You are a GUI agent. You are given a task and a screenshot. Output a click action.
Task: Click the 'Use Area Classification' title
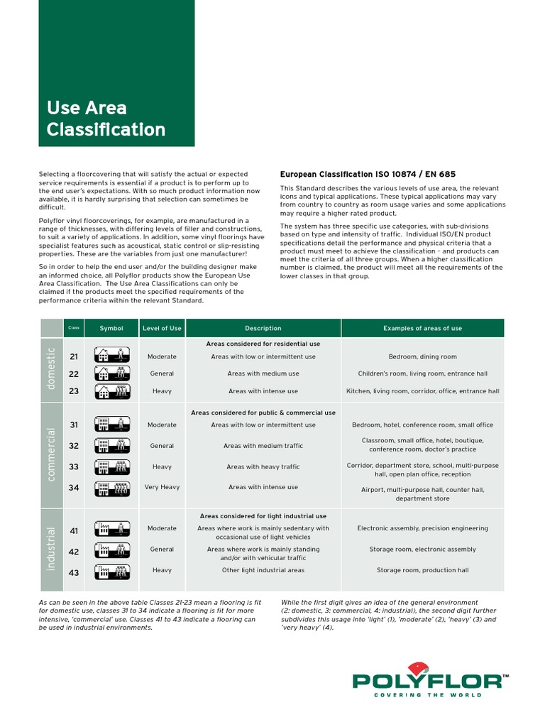point(106,119)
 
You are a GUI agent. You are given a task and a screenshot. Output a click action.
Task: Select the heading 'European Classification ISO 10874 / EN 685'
point(368,174)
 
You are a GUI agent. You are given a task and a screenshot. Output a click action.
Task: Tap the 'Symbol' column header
point(111,328)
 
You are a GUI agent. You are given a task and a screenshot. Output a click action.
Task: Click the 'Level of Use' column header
point(162,328)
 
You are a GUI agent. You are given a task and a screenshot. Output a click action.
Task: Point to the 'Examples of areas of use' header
point(422,328)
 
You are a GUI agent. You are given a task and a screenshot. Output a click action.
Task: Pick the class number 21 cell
point(74,356)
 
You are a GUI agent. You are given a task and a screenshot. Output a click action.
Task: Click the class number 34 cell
point(74,488)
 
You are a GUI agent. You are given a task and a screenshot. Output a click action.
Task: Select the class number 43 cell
point(74,572)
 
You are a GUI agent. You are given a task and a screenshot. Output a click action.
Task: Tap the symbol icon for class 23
point(113,391)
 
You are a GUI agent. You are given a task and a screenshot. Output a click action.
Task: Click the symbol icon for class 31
point(113,425)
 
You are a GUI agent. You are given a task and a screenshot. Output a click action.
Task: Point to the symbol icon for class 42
point(113,550)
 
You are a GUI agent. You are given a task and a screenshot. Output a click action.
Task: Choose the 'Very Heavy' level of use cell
point(162,488)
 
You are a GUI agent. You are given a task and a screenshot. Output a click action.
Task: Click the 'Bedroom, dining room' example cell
point(422,356)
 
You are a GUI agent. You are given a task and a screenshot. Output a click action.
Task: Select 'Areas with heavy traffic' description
point(263,467)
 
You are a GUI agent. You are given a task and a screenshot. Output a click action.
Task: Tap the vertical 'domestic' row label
point(51,368)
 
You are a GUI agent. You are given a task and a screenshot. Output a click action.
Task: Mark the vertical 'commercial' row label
point(51,454)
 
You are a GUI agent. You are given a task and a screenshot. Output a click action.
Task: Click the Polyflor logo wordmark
point(430,682)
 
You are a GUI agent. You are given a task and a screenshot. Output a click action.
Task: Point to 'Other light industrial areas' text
point(263,570)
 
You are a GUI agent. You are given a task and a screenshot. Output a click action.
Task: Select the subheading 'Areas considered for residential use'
point(263,344)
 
